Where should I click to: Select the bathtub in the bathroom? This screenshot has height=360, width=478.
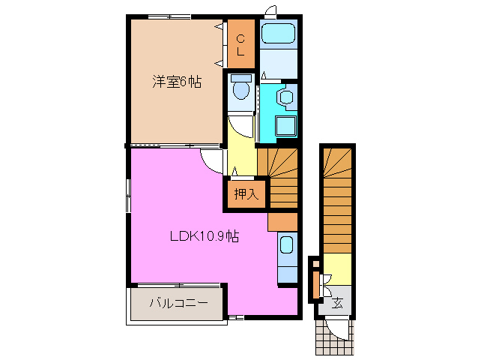pos(279,34)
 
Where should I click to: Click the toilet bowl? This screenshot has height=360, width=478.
pos(240,91)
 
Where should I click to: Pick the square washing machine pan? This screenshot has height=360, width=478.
pos(285,127)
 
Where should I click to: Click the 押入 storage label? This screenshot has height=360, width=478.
pos(246,194)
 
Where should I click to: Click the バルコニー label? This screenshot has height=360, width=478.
pos(178,304)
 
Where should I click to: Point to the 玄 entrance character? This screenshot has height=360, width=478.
pos(338,303)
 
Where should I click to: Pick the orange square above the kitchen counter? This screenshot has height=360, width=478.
pos(282,222)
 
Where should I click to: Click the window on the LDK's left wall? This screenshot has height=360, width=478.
pos(127,196)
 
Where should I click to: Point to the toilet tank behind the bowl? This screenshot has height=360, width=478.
pos(240,77)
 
